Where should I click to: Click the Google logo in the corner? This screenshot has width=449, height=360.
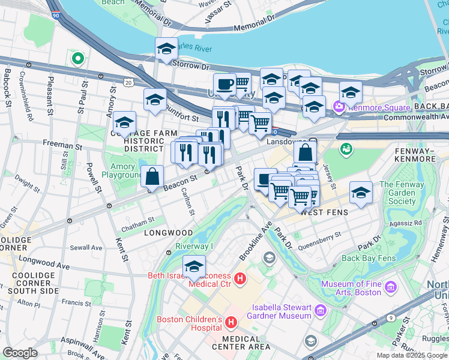click(x=20, y=353)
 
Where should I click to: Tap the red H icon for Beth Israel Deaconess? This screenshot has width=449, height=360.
click(x=240, y=279)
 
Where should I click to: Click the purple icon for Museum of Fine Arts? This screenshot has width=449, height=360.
click(x=391, y=288)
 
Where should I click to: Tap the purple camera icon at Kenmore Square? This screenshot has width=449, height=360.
click(x=338, y=107)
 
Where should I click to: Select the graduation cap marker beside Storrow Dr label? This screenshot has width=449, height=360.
click(x=166, y=49)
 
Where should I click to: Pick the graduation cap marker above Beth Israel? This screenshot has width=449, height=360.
click(x=194, y=267)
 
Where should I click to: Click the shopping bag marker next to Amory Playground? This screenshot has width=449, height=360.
click(x=152, y=176)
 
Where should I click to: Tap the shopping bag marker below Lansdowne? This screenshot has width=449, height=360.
click(x=305, y=152)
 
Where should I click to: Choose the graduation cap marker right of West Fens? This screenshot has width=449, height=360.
click(x=360, y=193)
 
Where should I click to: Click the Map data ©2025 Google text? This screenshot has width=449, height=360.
click(x=411, y=355)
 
